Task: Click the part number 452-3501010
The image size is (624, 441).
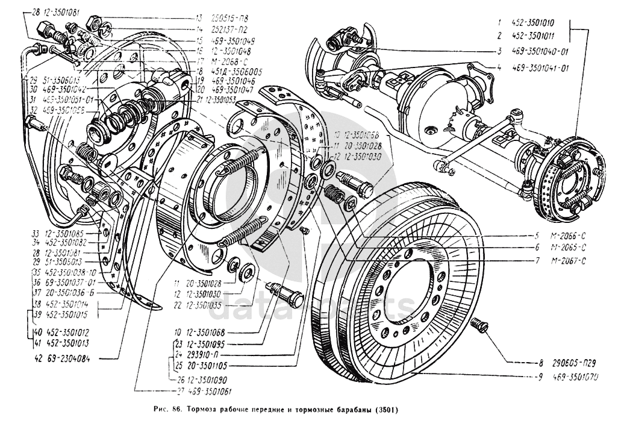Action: tap(534, 22)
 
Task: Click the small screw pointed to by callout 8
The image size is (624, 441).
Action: tap(481, 325)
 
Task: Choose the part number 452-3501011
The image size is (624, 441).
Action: tap(534, 36)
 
